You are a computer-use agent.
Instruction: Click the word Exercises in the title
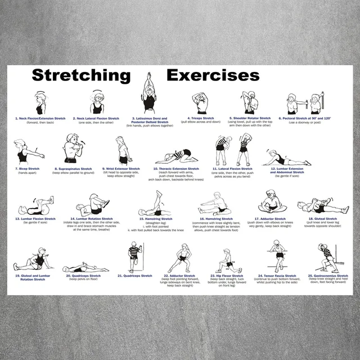pos(213,75)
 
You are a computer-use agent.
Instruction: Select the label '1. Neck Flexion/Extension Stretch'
pos(40,119)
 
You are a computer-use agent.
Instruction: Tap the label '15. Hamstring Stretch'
pos(154,219)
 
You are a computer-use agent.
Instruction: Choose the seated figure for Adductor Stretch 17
pos(272,202)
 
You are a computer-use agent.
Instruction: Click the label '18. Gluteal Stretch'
pos(322,219)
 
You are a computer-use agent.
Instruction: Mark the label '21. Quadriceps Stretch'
pos(134,276)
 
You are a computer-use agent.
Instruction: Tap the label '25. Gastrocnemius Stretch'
pos(328,276)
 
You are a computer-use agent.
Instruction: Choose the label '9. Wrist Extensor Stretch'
pos(121,169)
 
